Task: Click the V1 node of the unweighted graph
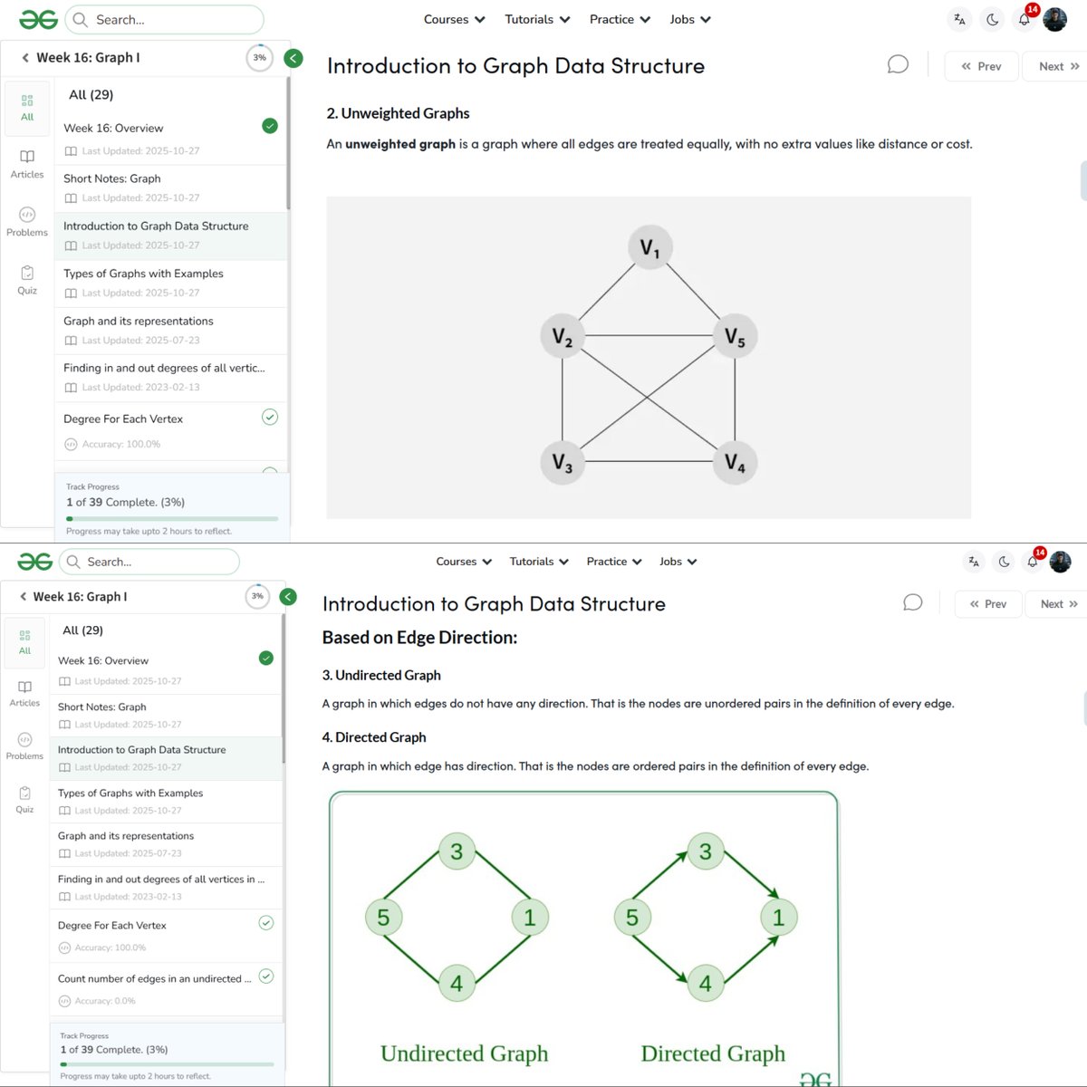[x=649, y=247]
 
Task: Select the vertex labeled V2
[x=563, y=337]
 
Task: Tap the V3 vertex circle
[x=563, y=462]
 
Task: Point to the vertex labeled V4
[x=735, y=462]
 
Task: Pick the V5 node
[x=735, y=337]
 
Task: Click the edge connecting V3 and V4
[x=649, y=462]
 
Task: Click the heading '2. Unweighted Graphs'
[x=398, y=113]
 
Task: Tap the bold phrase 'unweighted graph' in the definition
[x=399, y=144]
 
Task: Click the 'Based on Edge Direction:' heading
[x=419, y=638]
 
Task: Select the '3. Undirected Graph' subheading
[x=381, y=676]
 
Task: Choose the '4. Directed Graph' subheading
[x=374, y=737]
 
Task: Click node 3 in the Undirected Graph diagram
[x=457, y=851]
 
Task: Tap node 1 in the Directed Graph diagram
[x=778, y=917]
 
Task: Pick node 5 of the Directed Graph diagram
[x=632, y=918]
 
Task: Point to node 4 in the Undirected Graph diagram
[x=457, y=983]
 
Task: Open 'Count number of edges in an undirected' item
[x=154, y=979]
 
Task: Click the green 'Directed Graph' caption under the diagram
[x=713, y=1053]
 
